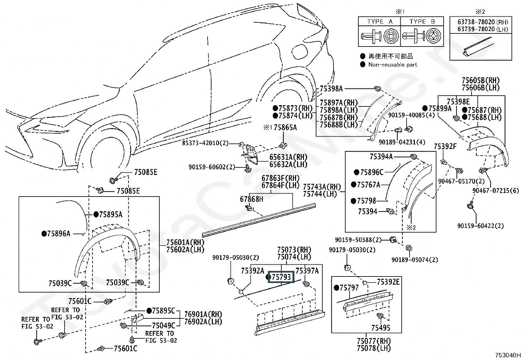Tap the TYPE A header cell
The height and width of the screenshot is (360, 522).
tap(380, 22)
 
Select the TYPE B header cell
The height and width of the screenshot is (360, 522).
tap(422, 22)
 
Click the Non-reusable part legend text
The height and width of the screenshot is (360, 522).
tap(392, 65)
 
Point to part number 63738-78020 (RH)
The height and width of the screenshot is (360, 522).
tap(483, 22)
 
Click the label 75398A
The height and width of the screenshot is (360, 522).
tap(331, 88)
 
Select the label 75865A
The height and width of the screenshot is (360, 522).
tap(285, 127)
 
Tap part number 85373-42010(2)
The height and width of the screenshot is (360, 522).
tap(206, 143)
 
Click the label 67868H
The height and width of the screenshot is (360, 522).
tap(251, 199)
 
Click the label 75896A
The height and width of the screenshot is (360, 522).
tap(59, 234)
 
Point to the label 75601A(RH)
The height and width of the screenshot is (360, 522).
tap(185, 242)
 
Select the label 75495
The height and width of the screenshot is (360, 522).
tap(381, 328)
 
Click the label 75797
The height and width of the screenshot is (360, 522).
tap(349, 288)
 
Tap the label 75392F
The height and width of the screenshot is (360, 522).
tap(445, 146)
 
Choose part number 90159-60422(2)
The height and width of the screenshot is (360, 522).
tap(481, 226)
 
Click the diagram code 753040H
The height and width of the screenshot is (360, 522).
tap(508, 355)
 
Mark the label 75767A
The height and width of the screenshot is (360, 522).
tap(369, 185)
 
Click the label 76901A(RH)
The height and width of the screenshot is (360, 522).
tap(203, 314)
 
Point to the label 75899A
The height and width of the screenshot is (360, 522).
tap(440, 108)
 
